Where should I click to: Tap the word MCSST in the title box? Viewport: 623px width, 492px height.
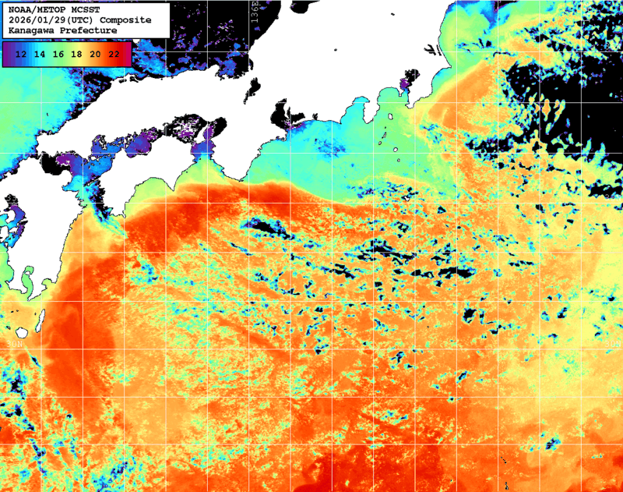(x=84, y=9)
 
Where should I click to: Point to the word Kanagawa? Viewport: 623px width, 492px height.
(x=31, y=30)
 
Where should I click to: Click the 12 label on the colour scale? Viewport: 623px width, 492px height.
(x=22, y=54)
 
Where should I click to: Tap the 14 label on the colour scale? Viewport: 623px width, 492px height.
(x=40, y=54)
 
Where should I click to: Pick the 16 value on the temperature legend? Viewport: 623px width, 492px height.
(x=58, y=54)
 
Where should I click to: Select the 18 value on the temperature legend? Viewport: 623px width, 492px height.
(x=76, y=54)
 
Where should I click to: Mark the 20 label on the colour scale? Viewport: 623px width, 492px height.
(x=95, y=54)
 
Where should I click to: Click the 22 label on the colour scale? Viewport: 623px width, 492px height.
(x=114, y=54)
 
